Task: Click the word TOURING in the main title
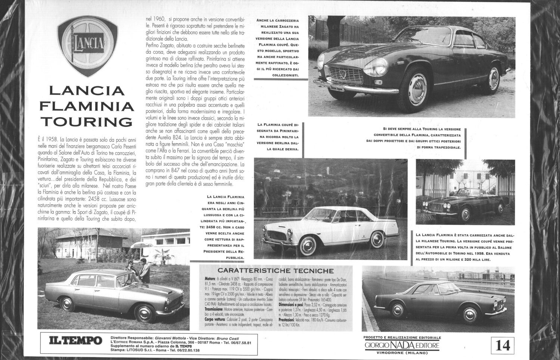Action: [87, 122]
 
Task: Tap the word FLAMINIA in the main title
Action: [87, 106]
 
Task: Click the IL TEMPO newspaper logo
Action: [76, 341]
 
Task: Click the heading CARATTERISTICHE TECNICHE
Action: [276, 271]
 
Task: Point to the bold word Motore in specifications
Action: [210, 279]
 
